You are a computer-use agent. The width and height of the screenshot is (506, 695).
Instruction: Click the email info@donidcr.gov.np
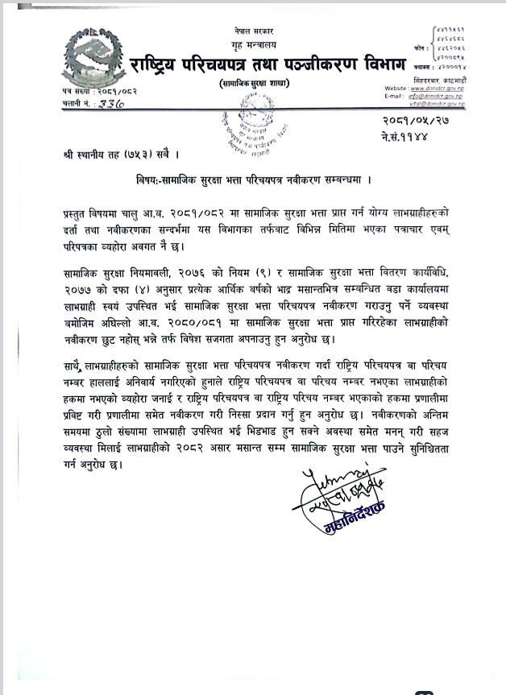(x=457, y=96)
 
